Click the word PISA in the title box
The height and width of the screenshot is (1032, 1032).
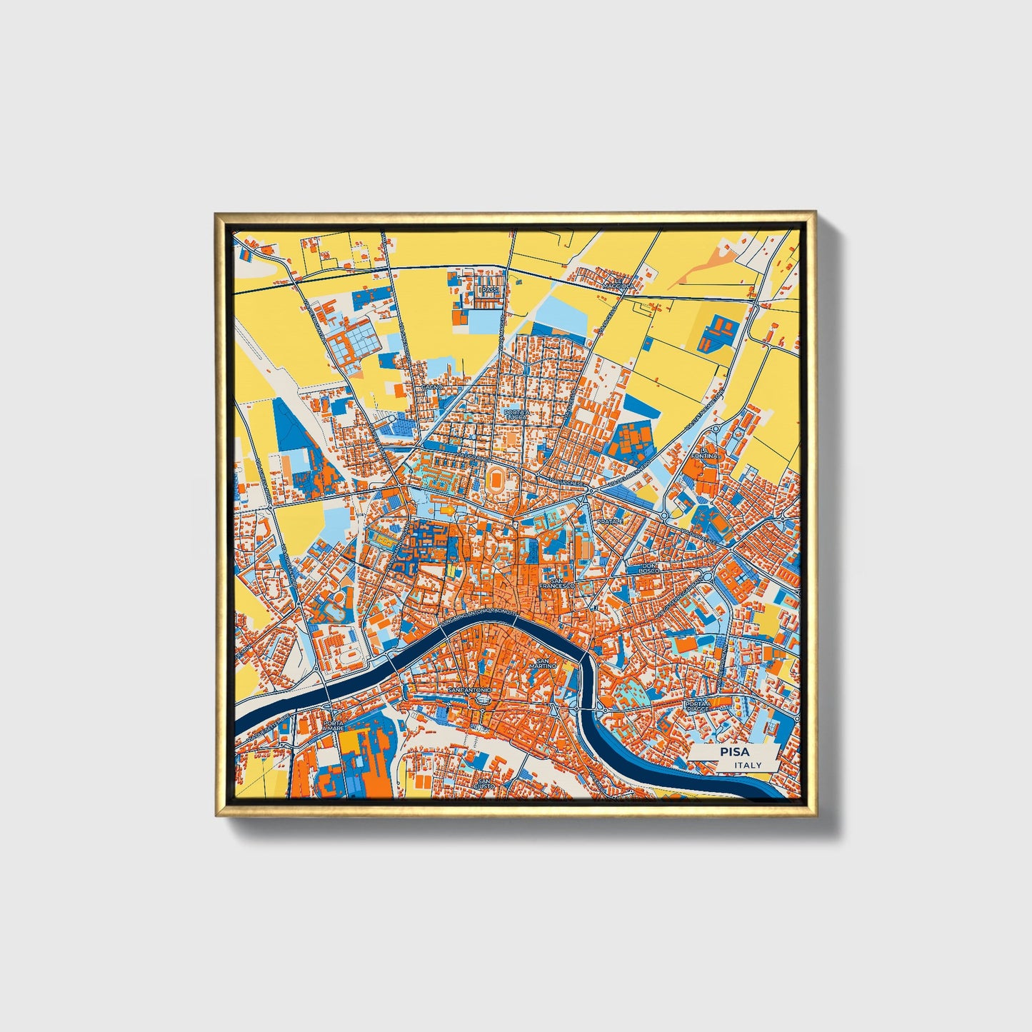coord(734,751)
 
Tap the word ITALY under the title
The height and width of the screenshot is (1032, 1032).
coord(748,765)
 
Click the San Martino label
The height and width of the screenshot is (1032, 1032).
coord(546,664)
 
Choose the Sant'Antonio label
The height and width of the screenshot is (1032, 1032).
coord(469,691)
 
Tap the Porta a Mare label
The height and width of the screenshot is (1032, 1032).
coord(334,726)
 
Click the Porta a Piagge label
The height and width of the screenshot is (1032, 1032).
coord(698,706)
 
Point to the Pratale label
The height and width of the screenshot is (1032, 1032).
coord(610,522)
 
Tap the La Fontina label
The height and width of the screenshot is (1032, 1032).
coord(703,453)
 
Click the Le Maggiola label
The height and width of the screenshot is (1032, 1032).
coord(617,283)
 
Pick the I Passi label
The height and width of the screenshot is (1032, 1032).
coord(490,291)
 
